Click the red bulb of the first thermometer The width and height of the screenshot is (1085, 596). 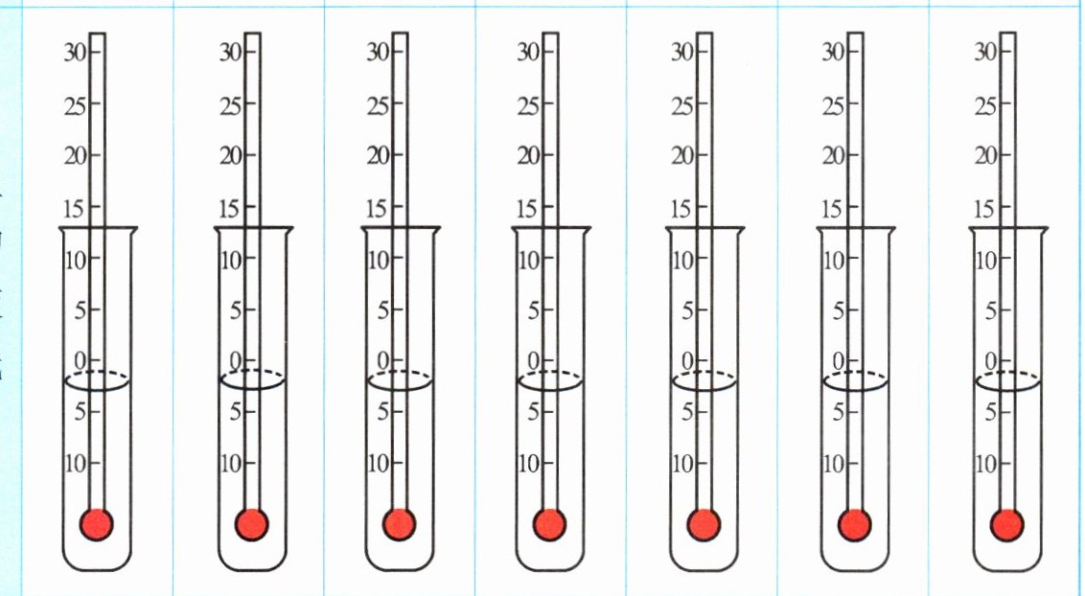coord(96,524)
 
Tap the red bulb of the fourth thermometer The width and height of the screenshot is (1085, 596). coord(549,524)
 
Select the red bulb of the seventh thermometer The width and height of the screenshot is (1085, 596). coord(1006,524)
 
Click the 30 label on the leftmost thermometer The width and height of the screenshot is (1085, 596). coord(76,53)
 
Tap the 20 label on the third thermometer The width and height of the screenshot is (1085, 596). coord(378,156)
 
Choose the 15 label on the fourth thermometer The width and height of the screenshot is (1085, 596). coord(528,208)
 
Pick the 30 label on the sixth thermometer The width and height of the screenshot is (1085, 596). coord(833,53)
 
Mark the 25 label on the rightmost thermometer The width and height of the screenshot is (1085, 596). coord(985,105)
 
